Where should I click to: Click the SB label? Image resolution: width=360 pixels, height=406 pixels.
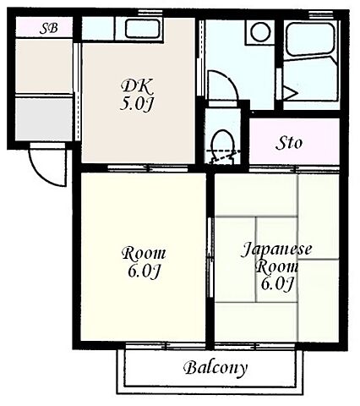tap(49, 28)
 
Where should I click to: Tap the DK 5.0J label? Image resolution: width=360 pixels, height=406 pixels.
tap(137, 95)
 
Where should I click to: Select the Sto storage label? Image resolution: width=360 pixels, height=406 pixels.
tap(289, 143)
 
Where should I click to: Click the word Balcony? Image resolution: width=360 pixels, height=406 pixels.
tap(215, 368)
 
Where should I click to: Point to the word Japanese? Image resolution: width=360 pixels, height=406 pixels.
tap(276, 250)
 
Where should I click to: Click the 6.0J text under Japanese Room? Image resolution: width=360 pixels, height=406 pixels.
tap(277, 283)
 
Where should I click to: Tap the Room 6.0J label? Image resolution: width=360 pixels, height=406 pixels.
tap(144, 262)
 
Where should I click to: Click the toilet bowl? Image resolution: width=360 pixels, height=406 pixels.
tap(223, 146)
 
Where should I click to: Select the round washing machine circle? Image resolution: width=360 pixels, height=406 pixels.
tap(260, 31)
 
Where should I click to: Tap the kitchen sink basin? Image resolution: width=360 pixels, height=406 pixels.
tap(143, 29)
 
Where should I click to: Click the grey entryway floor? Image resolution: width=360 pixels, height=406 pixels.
tap(44, 118)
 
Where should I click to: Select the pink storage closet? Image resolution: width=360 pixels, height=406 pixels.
tap(294, 142)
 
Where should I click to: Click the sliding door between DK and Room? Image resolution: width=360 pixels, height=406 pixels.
tap(148, 168)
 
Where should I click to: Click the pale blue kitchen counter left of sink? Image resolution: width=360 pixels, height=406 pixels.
tap(98, 28)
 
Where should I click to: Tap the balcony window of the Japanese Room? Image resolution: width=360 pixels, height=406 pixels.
tap(254, 345)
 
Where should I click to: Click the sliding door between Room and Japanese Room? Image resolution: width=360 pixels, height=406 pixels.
tap(210, 256)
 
